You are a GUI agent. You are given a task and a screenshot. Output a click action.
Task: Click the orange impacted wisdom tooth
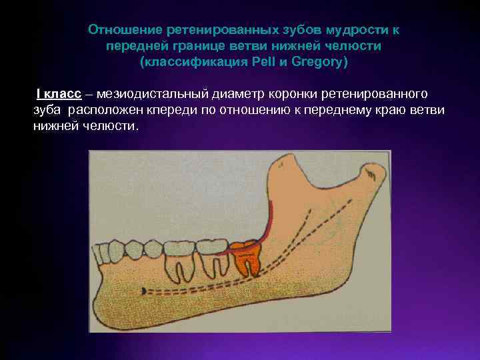(246, 256)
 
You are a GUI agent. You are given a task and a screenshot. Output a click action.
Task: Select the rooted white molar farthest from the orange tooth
(178, 257)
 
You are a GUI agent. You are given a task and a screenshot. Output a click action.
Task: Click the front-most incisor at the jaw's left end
(98, 252)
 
